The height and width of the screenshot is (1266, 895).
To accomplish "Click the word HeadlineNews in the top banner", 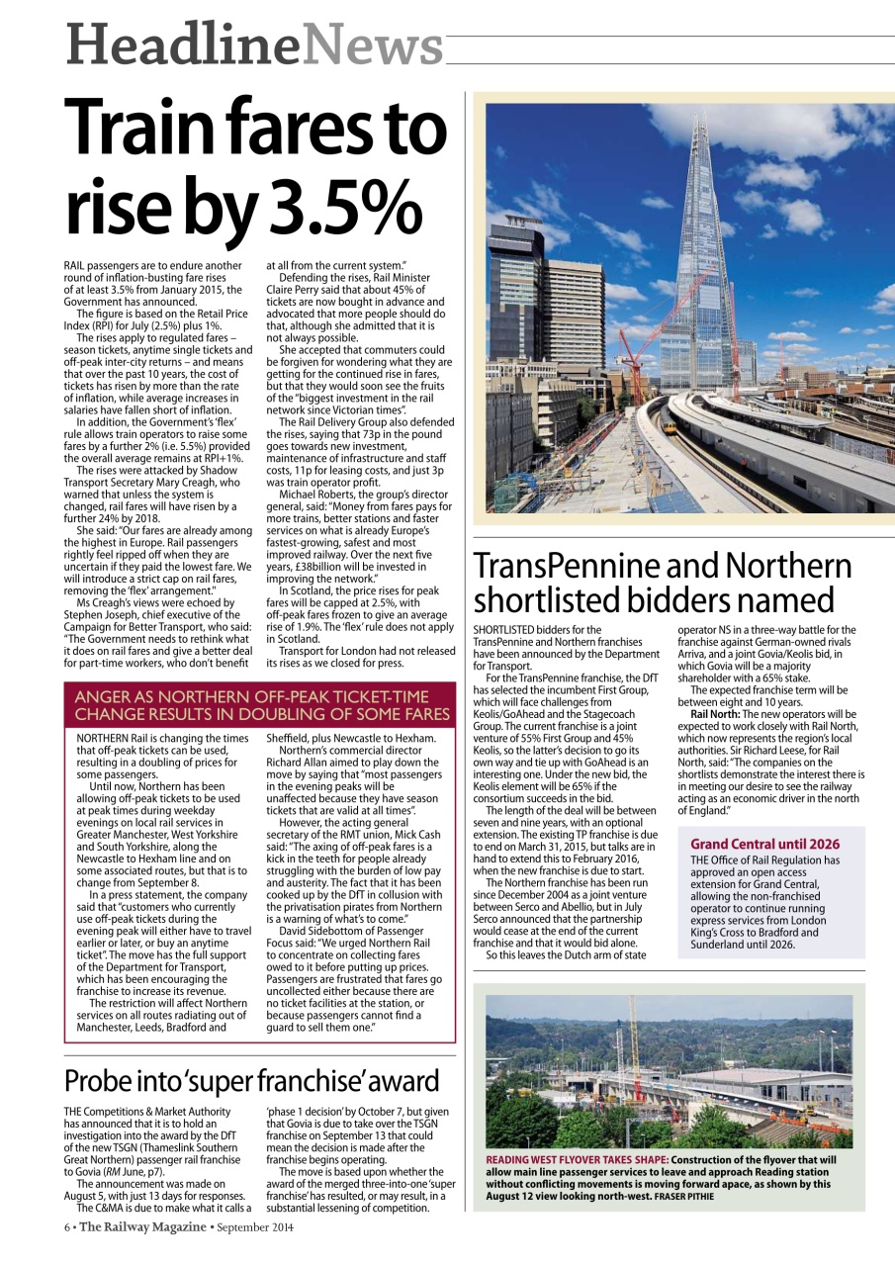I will coord(254,45).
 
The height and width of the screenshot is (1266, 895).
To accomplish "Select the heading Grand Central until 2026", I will coord(764,844).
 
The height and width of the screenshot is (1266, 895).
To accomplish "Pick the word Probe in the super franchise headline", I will coord(99,1081).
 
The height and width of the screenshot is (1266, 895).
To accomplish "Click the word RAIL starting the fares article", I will coord(74,266).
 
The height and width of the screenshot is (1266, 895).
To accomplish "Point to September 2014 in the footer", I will coord(254,1227).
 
